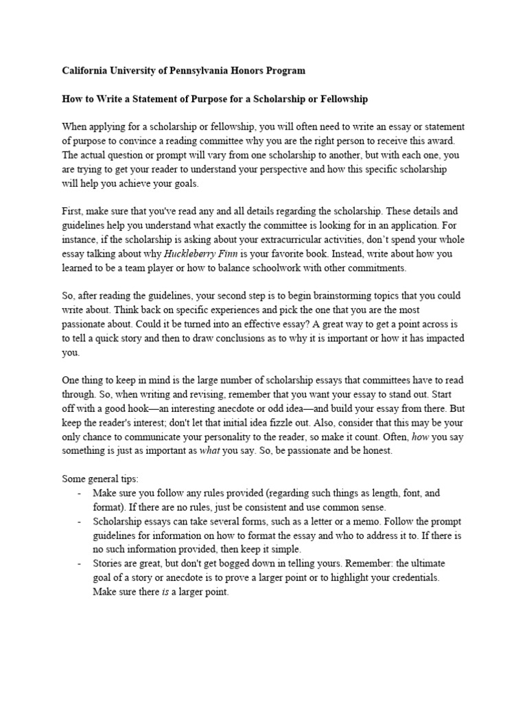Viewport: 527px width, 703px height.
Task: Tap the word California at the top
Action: [x=86, y=71]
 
